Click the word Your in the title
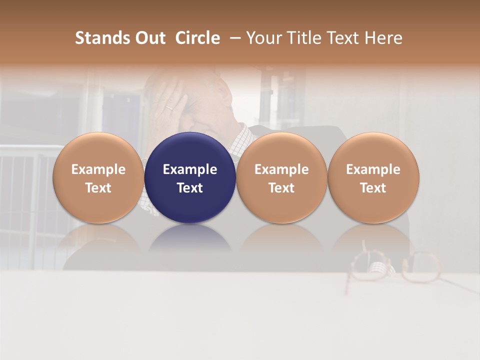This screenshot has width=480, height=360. click(262, 38)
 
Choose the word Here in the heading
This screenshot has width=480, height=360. click(382, 38)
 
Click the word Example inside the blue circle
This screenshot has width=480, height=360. click(190, 169)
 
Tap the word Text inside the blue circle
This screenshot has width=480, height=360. click(190, 188)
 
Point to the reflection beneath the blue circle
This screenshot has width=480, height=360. click(190, 238)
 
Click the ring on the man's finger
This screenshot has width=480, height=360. click(170, 107)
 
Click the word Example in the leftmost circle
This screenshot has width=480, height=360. click(98, 169)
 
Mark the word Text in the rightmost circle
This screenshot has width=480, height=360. click(373, 188)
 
